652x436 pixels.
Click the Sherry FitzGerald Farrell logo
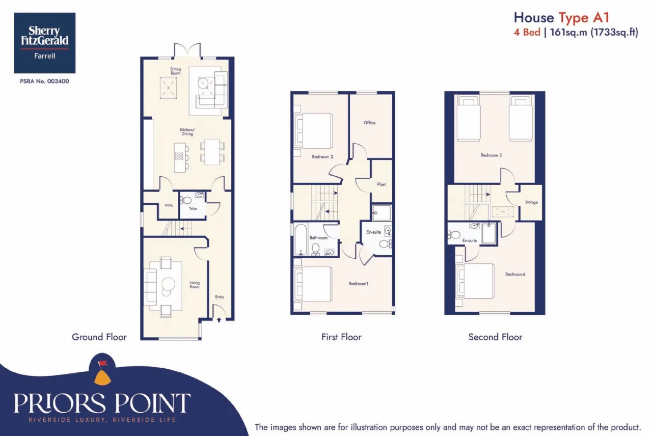click(x=45, y=43)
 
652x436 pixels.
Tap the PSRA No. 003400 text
click(x=44, y=81)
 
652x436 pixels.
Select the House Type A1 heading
click(x=561, y=18)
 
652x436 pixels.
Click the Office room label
click(x=369, y=123)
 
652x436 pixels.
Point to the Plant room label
click(x=382, y=184)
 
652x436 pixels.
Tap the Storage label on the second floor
click(x=531, y=202)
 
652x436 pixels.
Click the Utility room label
click(x=169, y=205)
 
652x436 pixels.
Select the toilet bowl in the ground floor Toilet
click(x=186, y=200)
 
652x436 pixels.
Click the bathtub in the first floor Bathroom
click(x=301, y=239)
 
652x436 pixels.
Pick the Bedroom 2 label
click(x=322, y=156)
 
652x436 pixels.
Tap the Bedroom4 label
click(x=515, y=274)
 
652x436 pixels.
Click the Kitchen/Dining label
click(x=187, y=132)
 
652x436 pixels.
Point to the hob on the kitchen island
click(x=179, y=156)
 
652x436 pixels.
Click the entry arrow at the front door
click(x=219, y=320)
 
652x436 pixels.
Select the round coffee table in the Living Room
click(x=169, y=284)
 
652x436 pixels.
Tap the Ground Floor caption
click(x=99, y=337)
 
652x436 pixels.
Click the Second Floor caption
click(x=495, y=337)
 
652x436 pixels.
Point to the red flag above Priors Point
click(x=103, y=363)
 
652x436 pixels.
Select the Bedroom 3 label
click(x=491, y=155)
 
